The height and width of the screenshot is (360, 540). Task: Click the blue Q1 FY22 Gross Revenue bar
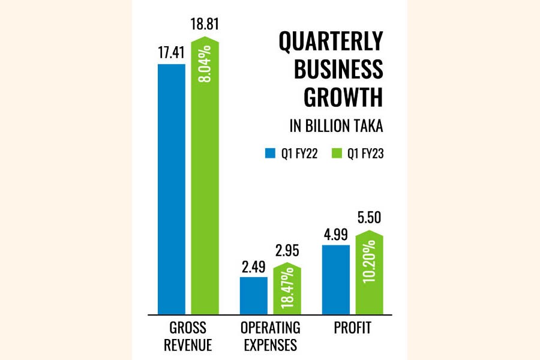point(171,188)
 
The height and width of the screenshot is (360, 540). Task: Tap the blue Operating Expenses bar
point(253,295)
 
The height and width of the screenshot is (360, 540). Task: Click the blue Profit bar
point(335,279)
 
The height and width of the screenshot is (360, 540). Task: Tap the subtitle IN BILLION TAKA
point(336,127)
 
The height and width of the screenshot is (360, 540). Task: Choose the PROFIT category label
point(353,328)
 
